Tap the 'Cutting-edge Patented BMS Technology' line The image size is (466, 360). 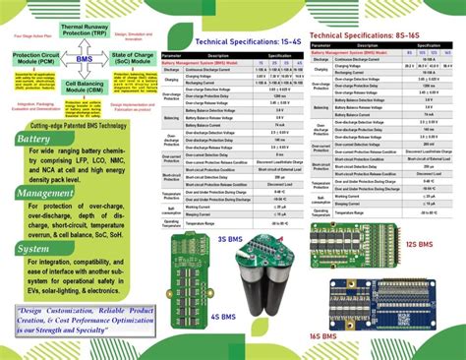[78, 126]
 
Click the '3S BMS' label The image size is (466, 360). [230, 238]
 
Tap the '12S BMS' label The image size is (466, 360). [418, 243]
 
